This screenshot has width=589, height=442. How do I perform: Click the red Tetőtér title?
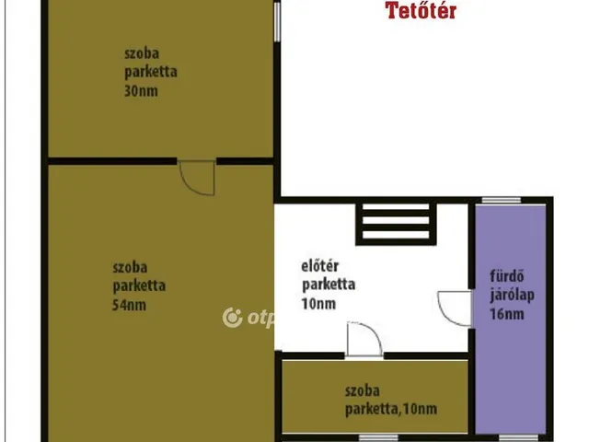tap(421, 10)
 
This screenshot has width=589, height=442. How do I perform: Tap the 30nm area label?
tap(141, 91)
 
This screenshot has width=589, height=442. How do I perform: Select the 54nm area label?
tap(129, 305)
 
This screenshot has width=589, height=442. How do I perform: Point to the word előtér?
tap(320, 266)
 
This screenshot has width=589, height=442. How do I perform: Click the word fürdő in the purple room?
tap(507, 276)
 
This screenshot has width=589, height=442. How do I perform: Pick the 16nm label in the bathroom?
tap(507, 314)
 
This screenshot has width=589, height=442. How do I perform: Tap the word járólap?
tap(512, 296)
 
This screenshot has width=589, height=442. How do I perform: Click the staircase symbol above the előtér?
tap(396, 223)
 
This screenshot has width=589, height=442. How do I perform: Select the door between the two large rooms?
tap(197, 178)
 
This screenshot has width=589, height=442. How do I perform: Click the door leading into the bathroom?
tap(455, 308)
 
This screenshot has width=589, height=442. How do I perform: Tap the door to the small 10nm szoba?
tap(364, 339)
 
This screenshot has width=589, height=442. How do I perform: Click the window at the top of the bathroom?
tap(502, 200)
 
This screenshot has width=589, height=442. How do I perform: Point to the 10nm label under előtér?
tap(318, 304)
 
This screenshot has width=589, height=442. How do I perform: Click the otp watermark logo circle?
tap(232, 318)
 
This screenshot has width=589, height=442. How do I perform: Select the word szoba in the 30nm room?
tap(142, 53)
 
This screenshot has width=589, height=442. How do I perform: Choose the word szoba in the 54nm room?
tap(130, 268)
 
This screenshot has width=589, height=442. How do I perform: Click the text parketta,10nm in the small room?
tap(391, 409)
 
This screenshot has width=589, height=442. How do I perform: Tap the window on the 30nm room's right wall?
tap(277, 22)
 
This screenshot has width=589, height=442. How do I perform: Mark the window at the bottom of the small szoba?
tap(378, 438)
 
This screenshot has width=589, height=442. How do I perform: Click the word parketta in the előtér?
tap(329, 285)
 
